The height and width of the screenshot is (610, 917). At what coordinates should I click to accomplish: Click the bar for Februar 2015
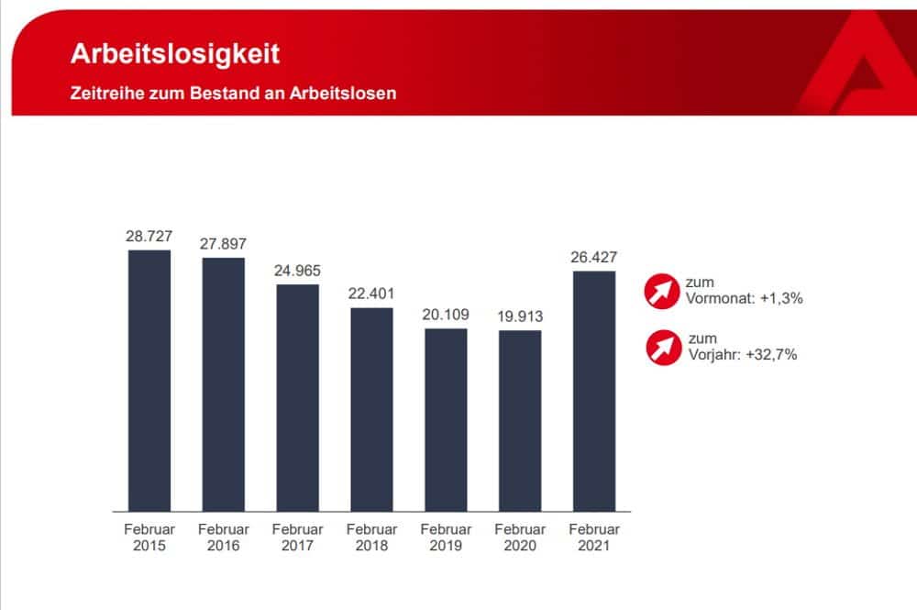149,380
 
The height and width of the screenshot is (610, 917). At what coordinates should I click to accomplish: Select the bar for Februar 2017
297,397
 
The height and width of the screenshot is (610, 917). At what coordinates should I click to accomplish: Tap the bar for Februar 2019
446,419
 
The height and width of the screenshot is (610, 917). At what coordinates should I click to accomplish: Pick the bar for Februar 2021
593,391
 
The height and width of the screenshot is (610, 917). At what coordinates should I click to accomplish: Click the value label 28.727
149,236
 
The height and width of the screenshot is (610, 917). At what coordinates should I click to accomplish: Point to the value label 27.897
224,244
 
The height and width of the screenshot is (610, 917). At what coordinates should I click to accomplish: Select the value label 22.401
371,294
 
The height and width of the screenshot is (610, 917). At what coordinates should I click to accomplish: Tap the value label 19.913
519,316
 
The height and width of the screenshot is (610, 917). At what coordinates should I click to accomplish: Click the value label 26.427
593,257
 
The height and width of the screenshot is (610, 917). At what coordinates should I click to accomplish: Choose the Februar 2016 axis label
224,538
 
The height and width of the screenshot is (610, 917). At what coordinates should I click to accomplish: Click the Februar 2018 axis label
371,538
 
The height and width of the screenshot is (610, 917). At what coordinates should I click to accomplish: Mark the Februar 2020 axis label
519,538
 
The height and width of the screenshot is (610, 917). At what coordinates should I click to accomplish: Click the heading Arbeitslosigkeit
175,53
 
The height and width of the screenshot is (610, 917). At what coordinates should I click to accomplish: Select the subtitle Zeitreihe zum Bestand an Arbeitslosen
233,94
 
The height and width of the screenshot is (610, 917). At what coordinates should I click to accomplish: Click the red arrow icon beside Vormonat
660,291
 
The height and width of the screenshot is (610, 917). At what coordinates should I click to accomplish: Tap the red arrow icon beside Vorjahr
660,348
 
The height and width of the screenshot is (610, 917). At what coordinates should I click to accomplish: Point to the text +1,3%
781,298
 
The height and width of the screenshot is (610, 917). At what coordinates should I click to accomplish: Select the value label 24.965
297,271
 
